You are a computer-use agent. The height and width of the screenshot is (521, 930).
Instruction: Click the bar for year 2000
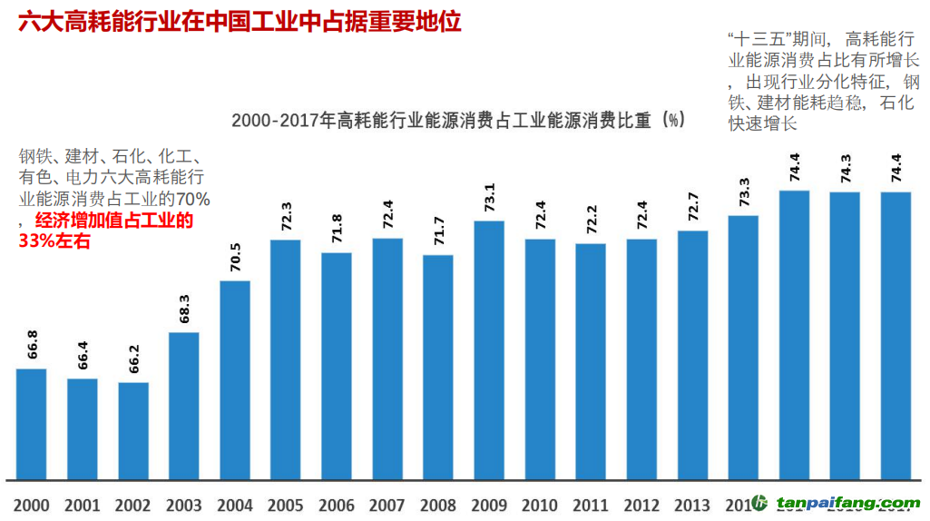[x=32, y=423]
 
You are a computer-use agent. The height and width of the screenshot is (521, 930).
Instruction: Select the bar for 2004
[x=235, y=379]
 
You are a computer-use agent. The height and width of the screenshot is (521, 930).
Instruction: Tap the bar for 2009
[x=489, y=349]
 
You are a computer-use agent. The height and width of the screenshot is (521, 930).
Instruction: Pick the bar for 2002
[x=133, y=430]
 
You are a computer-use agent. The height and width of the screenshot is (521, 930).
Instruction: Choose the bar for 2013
[x=692, y=354]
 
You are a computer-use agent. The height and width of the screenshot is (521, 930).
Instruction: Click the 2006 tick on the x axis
[x=337, y=504]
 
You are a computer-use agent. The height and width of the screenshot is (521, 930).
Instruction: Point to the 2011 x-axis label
[x=591, y=504]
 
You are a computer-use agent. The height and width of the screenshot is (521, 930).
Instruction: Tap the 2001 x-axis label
[x=83, y=504]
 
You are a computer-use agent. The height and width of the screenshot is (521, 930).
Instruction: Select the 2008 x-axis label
[x=438, y=504]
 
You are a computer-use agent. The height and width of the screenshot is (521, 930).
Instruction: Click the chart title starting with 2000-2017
[x=457, y=120]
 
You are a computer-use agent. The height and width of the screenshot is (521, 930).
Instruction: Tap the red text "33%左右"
[x=54, y=241]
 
